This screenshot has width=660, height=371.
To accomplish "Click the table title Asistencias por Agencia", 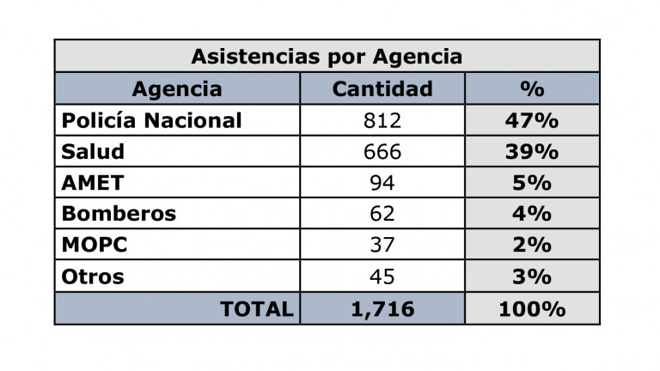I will pyautogui.click(x=327, y=57).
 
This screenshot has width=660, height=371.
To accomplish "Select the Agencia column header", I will pyautogui.click(x=177, y=89).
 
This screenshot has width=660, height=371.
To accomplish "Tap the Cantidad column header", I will pyautogui.click(x=382, y=89).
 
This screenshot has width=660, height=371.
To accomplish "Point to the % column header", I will pyautogui.click(x=532, y=89).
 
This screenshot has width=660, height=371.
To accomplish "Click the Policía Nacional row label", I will pyautogui.click(x=152, y=120).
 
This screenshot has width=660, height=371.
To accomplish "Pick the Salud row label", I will pyautogui.click(x=93, y=152).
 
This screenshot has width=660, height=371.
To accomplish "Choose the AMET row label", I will pyautogui.click(x=93, y=183).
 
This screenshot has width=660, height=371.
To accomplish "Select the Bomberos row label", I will pyautogui.click(x=119, y=214).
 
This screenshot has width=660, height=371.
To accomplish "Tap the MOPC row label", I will pyautogui.click(x=95, y=246).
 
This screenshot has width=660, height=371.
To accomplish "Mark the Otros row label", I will pyautogui.click(x=93, y=277).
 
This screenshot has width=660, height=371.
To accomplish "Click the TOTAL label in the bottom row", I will pyautogui.click(x=257, y=309).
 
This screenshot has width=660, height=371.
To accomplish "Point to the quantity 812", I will pyautogui.click(x=382, y=120).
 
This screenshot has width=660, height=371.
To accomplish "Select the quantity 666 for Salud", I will pyautogui.click(x=382, y=152).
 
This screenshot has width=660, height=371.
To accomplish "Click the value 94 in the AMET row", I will pyautogui.click(x=382, y=183).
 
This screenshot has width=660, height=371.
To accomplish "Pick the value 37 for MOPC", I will pyautogui.click(x=382, y=246).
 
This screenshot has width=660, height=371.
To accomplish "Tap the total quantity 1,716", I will pyautogui.click(x=382, y=309).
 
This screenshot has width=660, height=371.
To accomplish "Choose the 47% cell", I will pyautogui.click(x=532, y=120).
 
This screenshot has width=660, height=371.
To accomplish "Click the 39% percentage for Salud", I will pyautogui.click(x=532, y=152).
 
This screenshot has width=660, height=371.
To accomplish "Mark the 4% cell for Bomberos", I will pyautogui.click(x=532, y=214).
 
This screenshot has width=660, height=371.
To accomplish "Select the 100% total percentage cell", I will pyautogui.click(x=532, y=309).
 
